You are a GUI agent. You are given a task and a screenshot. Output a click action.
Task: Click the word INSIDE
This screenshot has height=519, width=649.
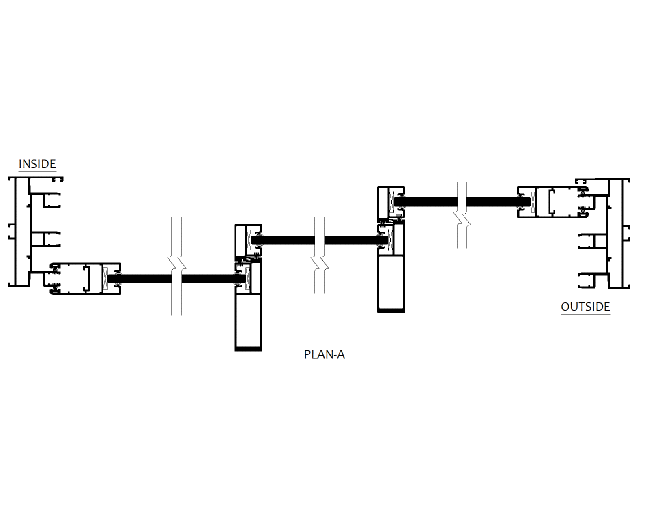37,164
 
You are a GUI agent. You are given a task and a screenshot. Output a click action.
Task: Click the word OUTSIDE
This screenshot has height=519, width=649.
585,307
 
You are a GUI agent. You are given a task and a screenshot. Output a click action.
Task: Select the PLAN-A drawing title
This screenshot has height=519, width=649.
324,355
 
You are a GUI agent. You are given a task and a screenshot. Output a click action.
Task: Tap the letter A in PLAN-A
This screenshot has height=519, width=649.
341,355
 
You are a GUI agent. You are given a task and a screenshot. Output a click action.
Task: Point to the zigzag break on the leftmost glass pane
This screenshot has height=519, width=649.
177,266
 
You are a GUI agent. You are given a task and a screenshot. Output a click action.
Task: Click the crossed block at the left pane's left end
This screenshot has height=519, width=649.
105,279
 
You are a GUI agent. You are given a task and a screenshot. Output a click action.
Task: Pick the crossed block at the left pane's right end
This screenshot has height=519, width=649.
248,278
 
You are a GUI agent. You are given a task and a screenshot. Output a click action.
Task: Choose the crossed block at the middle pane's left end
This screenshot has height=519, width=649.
249,240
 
